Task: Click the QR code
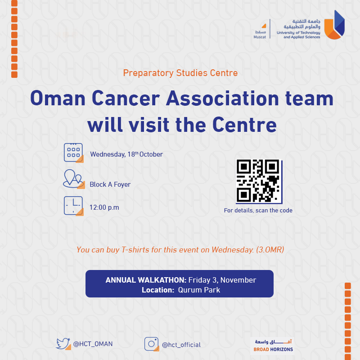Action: click(x=259, y=181)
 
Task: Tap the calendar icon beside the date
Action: click(x=73, y=153)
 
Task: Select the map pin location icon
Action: click(x=74, y=179)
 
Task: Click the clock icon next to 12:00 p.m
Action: click(x=73, y=206)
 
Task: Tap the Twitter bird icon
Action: click(x=63, y=344)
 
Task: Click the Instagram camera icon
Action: click(x=152, y=344)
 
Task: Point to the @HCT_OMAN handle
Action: click(x=93, y=344)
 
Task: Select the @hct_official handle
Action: click(x=181, y=345)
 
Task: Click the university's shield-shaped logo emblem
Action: click(x=334, y=25)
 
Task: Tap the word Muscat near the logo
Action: click(x=260, y=37)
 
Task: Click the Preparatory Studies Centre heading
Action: click(x=180, y=73)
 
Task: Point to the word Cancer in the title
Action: click(x=126, y=98)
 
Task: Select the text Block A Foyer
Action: click(x=110, y=184)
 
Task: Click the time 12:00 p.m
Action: click(x=104, y=207)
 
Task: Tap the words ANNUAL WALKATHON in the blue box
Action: click(x=146, y=280)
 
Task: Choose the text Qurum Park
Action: click(x=199, y=290)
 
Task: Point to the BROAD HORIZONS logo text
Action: click(x=273, y=350)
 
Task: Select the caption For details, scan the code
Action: click(x=258, y=210)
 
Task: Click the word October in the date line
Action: click(x=151, y=154)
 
